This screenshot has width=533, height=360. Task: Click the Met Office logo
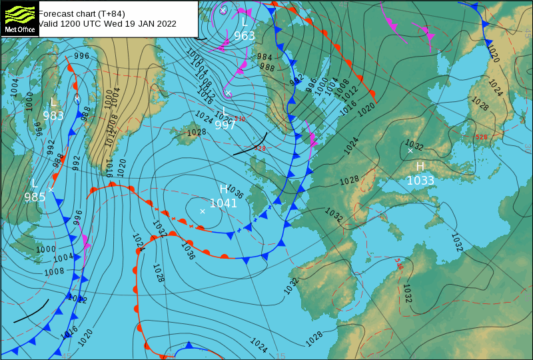pyautogui.click(x=20, y=18)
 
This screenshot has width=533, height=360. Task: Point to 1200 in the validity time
pyautogui.click(x=74, y=23)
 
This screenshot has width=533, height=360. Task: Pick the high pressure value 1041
pyautogui.click(x=223, y=203)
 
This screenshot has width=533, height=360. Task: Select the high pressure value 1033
pyautogui.click(x=420, y=180)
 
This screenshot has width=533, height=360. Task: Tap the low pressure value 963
pyautogui.click(x=245, y=36)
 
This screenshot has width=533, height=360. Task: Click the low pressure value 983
pyautogui.click(x=53, y=115)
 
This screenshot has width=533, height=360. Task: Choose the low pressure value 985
pyautogui.click(x=35, y=197)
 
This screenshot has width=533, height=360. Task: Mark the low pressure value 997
pyautogui.click(x=225, y=125)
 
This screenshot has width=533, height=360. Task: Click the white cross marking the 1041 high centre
pyautogui.click(x=203, y=211)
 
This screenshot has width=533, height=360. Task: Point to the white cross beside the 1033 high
pyautogui.click(x=410, y=151)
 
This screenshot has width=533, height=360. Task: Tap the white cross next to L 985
pyautogui.click(x=51, y=189)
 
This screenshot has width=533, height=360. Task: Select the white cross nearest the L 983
pyautogui.click(x=77, y=99)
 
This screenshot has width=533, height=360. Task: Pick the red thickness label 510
pyautogui.click(x=240, y=119)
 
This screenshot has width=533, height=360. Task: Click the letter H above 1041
pyautogui.click(x=223, y=189)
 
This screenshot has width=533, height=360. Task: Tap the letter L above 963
pyautogui.click(x=245, y=23)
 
